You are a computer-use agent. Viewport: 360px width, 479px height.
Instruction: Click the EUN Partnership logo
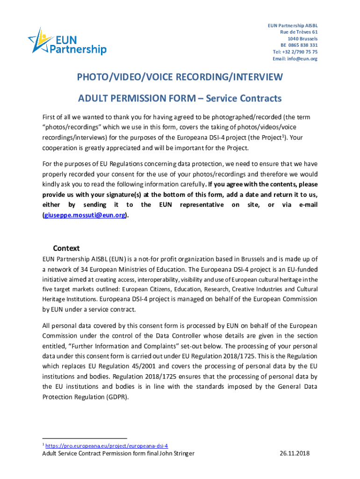(67, 42)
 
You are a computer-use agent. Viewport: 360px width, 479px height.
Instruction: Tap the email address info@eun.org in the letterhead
(295, 59)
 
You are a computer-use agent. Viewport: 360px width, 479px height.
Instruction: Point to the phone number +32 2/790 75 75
(295, 52)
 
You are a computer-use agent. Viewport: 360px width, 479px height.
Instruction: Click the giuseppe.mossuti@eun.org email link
(84, 215)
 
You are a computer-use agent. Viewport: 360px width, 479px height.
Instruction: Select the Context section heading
(66, 248)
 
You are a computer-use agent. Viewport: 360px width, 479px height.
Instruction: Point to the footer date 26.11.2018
(295, 454)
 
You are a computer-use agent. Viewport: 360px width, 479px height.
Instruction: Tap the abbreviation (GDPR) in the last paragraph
(113, 397)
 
